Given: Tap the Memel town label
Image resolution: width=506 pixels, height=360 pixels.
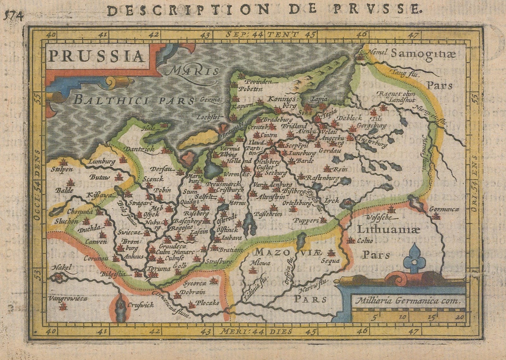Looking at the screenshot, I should [x=376, y=53].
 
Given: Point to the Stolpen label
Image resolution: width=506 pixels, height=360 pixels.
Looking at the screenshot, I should [x=62, y=169].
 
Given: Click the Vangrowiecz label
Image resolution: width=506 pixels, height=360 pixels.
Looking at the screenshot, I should [x=68, y=298].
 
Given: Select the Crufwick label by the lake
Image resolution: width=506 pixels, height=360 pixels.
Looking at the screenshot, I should [x=141, y=305].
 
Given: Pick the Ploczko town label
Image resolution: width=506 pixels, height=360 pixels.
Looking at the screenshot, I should [x=207, y=303].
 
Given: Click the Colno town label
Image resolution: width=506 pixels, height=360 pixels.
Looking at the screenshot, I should [x=365, y=241].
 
